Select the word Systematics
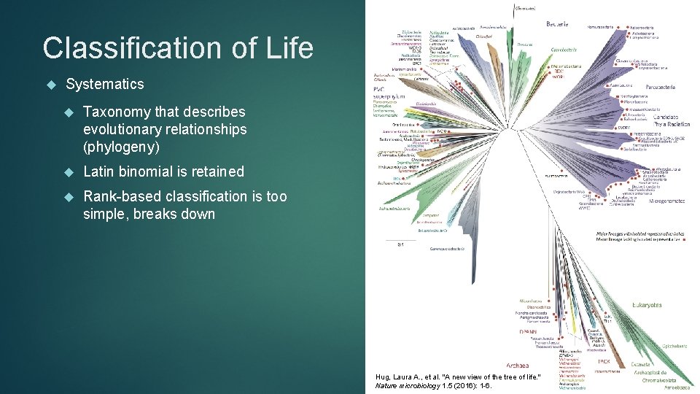tap(104, 84)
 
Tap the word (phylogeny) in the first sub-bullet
tap(121, 147)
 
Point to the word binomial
tap(160, 171)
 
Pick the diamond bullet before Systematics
tap(50, 84)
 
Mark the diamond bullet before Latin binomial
tap(69, 171)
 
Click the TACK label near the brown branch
tap(604, 360)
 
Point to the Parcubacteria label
tap(658, 87)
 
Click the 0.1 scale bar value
tap(400, 244)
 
